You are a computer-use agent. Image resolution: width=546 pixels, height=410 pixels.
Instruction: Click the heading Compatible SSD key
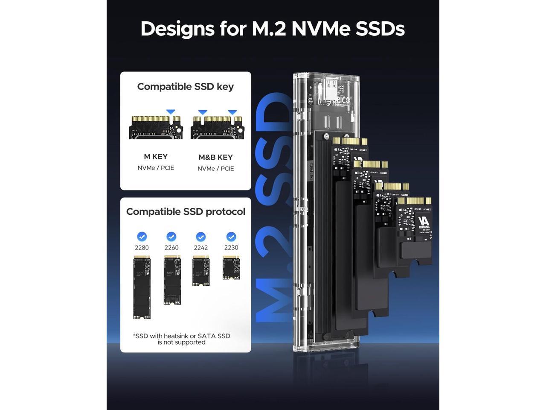(185, 87)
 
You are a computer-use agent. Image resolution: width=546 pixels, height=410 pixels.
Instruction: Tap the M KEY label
(156, 156)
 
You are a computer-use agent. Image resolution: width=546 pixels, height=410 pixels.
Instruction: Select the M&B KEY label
(215, 157)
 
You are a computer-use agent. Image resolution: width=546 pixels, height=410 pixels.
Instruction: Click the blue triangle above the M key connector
(171, 112)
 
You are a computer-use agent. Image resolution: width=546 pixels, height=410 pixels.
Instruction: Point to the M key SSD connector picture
(156, 127)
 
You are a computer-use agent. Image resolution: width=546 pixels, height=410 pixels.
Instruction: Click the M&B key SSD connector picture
(217, 127)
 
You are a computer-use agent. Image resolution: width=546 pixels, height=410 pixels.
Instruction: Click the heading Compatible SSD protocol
(186, 212)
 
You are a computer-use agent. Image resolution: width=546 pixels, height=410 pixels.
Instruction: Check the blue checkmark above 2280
(142, 237)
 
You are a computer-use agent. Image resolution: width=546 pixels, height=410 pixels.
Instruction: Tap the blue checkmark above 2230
(231, 237)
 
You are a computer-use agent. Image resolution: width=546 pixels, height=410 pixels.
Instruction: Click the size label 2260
(171, 248)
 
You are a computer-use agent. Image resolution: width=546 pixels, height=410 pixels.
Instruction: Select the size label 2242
(201, 248)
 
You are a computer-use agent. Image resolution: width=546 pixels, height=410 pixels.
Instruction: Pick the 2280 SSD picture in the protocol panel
(142, 287)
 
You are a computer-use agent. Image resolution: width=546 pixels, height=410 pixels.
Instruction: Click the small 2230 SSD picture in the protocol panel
(231, 268)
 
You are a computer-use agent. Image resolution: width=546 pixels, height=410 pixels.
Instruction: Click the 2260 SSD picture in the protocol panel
(172, 280)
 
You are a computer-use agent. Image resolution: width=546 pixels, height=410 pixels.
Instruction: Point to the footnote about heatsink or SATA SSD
(181, 339)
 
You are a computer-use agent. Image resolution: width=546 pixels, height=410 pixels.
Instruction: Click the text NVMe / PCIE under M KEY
(156, 168)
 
